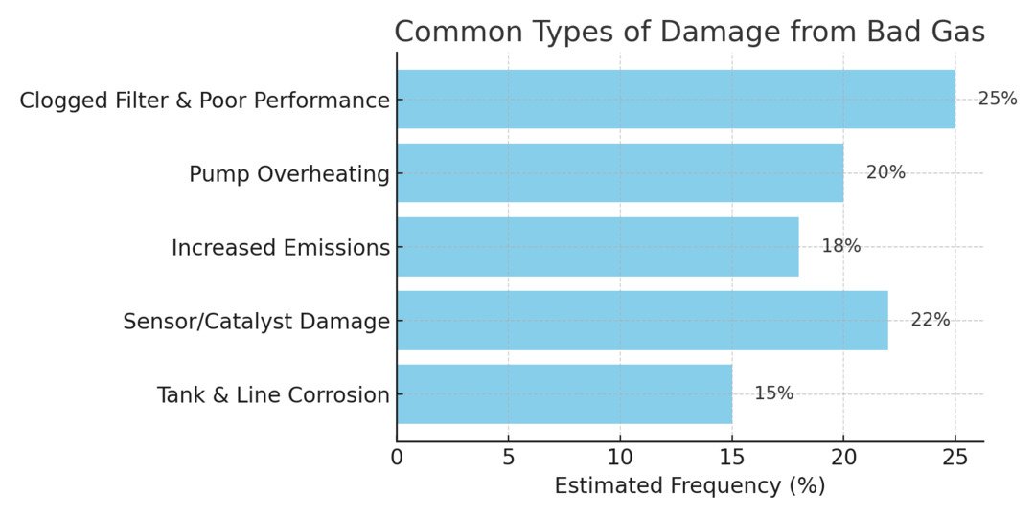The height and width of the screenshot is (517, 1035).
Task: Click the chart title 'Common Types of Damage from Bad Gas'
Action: coord(689,32)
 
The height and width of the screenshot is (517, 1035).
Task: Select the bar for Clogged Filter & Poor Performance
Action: coord(676,100)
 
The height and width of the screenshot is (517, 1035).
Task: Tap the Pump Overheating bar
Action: coord(620,173)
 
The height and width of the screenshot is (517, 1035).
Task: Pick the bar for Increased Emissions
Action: coord(598,247)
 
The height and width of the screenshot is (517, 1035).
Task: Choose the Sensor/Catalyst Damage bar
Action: coord(642,320)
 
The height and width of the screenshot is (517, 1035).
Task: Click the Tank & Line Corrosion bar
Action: coord(564,393)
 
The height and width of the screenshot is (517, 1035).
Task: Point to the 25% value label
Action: coord(997,99)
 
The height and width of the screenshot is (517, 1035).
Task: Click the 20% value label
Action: coord(885,172)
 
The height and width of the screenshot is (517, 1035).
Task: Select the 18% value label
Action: coord(840,246)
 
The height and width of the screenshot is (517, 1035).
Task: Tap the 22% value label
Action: coord(930,320)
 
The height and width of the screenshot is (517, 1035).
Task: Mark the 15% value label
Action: coord(773,393)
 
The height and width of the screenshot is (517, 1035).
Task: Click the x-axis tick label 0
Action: coord(397,458)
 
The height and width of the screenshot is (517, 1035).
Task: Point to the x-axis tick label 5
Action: coord(509,458)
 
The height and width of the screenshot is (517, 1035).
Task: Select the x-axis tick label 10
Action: coord(620,458)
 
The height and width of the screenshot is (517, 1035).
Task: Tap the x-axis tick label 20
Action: coord(843,458)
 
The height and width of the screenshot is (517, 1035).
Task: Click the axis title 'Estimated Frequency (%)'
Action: coord(689,486)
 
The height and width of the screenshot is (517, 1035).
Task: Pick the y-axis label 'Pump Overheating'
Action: coord(289,174)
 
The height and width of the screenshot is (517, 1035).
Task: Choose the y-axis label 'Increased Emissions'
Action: coord(281,248)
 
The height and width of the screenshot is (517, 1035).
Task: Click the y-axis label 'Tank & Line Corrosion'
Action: coord(273,394)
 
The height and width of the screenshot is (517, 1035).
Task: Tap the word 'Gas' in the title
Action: coord(954,32)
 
